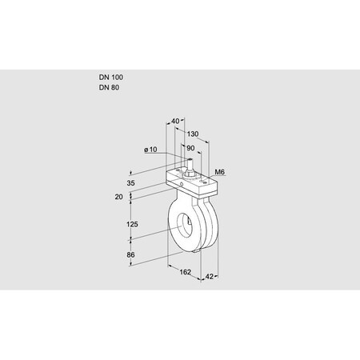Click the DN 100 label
point(110,77)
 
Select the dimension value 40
point(175,122)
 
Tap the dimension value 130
point(193,134)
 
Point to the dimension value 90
point(190,148)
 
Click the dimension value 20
point(118,196)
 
